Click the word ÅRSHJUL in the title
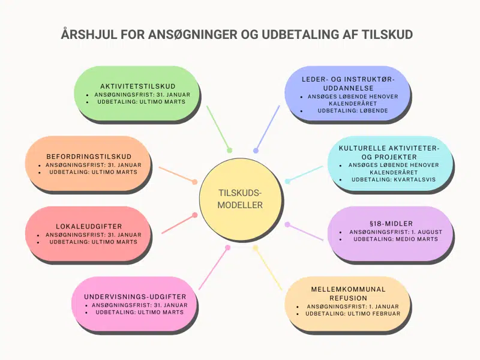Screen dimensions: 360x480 coord(87,34)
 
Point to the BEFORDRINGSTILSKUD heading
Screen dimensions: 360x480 coord(89,157)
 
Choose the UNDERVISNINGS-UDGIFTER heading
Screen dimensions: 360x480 coord(136,296)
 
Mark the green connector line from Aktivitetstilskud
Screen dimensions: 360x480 coord(218,128)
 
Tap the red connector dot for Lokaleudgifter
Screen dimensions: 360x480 coord(194,215)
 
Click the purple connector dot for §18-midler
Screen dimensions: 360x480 coord(287,224)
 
